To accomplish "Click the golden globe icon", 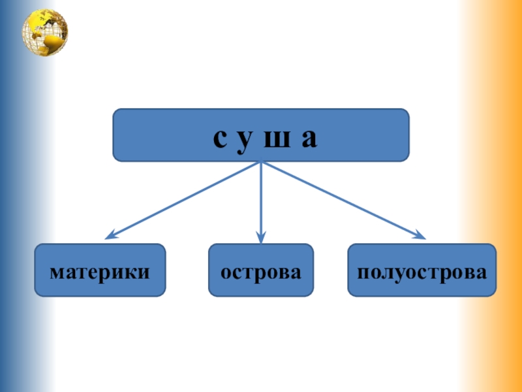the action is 45,33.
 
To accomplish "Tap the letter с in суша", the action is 220,138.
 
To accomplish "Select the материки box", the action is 100,270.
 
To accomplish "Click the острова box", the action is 261,270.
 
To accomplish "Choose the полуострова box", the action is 422,270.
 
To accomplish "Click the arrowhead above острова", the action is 261,238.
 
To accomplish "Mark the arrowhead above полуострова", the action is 420,236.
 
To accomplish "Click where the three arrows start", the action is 261,163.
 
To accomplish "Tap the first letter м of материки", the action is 56,270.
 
